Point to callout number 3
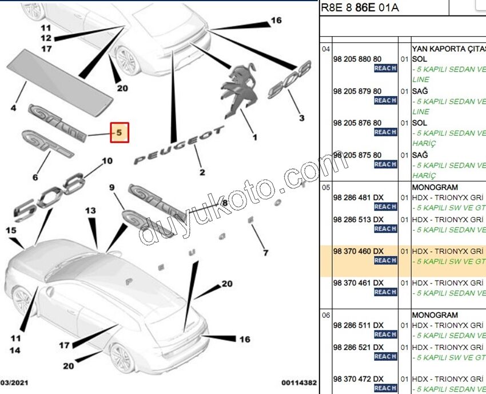[x=302, y=119]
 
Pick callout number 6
[x=35, y=178]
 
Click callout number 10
[x=107, y=161]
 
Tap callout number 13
[x=91, y=211]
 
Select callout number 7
[x=265, y=253]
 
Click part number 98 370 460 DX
[x=358, y=251]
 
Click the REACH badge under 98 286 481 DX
[x=385, y=207]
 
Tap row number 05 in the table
[x=325, y=187]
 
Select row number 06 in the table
[x=325, y=315]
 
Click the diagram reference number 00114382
[x=299, y=382]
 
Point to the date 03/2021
[x=14, y=382]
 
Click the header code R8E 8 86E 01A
[x=360, y=7]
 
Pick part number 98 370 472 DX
[x=358, y=379]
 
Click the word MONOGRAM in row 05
[x=435, y=187]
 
